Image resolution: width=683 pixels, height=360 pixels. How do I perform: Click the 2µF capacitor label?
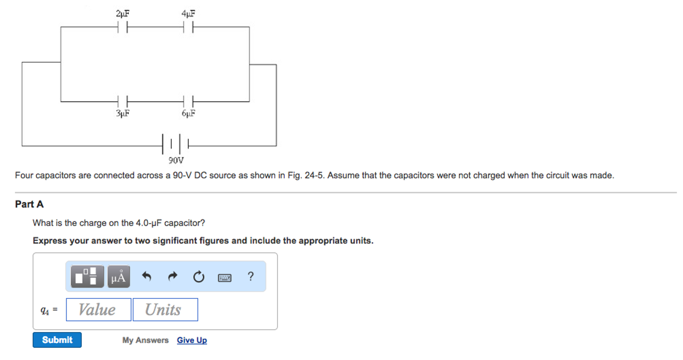point(123,14)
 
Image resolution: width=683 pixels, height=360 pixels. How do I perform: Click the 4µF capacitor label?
point(188,14)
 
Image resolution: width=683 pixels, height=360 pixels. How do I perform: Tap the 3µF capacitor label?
point(123,113)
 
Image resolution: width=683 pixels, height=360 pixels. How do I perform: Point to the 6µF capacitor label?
point(188,113)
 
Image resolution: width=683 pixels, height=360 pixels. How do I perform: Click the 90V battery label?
point(176,160)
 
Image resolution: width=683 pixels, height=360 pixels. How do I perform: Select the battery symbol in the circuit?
point(176,144)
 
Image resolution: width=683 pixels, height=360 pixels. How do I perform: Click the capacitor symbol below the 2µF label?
point(123,27)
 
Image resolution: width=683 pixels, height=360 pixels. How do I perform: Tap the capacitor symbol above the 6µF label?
point(188,101)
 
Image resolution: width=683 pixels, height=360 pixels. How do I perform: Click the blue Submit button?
point(57,340)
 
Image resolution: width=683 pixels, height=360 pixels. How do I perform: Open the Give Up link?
point(192,340)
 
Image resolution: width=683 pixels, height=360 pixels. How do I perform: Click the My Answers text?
point(145,340)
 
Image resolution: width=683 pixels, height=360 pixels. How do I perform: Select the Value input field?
point(98,310)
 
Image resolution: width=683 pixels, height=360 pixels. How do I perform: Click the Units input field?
point(165,310)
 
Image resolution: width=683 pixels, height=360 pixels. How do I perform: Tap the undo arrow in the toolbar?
point(147,277)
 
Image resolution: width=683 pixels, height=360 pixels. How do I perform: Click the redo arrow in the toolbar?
point(172,277)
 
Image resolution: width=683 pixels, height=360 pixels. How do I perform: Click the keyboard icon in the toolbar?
point(224,277)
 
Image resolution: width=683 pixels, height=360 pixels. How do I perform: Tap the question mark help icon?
point(251,276)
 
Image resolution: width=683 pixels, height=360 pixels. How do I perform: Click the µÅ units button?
point(119,277)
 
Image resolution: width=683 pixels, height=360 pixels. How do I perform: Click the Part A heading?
point(29,204)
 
